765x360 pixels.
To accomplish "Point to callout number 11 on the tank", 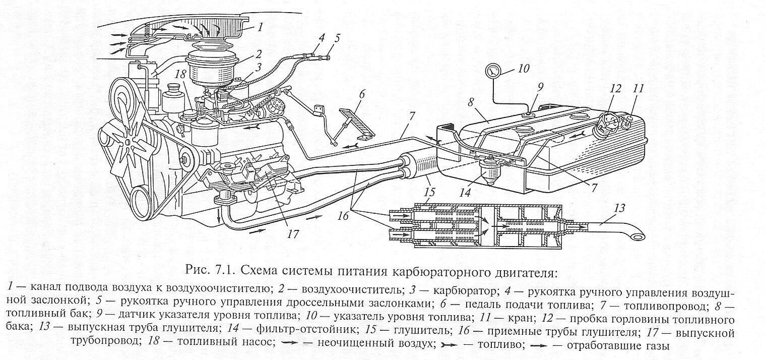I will (639, 89).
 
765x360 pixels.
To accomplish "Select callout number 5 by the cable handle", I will (337, 38).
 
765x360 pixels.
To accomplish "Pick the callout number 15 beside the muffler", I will (429, 192).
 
